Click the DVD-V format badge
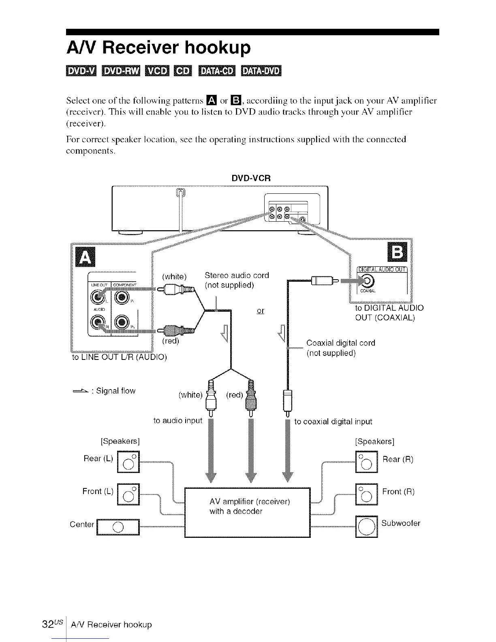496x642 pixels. (80, 71)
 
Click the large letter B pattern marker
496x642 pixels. (397, 253)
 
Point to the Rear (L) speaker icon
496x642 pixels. (128, 461)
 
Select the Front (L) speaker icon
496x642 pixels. (128, 494)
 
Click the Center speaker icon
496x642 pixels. (118, 527)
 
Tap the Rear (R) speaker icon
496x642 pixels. (366, 461)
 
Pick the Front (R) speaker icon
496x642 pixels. (366, 494)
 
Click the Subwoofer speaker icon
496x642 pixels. (366, 526)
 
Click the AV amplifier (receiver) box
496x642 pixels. (247, 512)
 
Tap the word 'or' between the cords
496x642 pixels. (261, 311)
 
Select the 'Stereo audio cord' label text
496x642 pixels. (237, 276)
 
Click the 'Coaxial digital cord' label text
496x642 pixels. (341, 343)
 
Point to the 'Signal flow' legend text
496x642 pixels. (115, 391)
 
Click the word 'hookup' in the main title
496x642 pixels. (217, 48)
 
